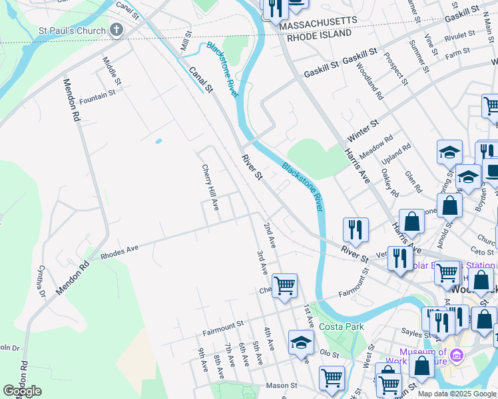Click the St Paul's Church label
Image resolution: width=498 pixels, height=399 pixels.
(73, 31)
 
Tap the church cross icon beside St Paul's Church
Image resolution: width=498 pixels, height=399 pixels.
(117, 29)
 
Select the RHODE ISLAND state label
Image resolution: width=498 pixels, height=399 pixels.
(319, 35)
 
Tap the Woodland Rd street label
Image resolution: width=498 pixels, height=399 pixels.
(369, 81)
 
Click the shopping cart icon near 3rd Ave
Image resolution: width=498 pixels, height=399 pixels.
(284, 285)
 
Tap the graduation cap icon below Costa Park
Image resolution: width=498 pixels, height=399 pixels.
(301, 342)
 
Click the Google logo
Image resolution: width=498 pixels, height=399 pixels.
(22, 391)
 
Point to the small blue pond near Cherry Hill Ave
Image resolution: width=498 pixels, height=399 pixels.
(158, 141)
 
